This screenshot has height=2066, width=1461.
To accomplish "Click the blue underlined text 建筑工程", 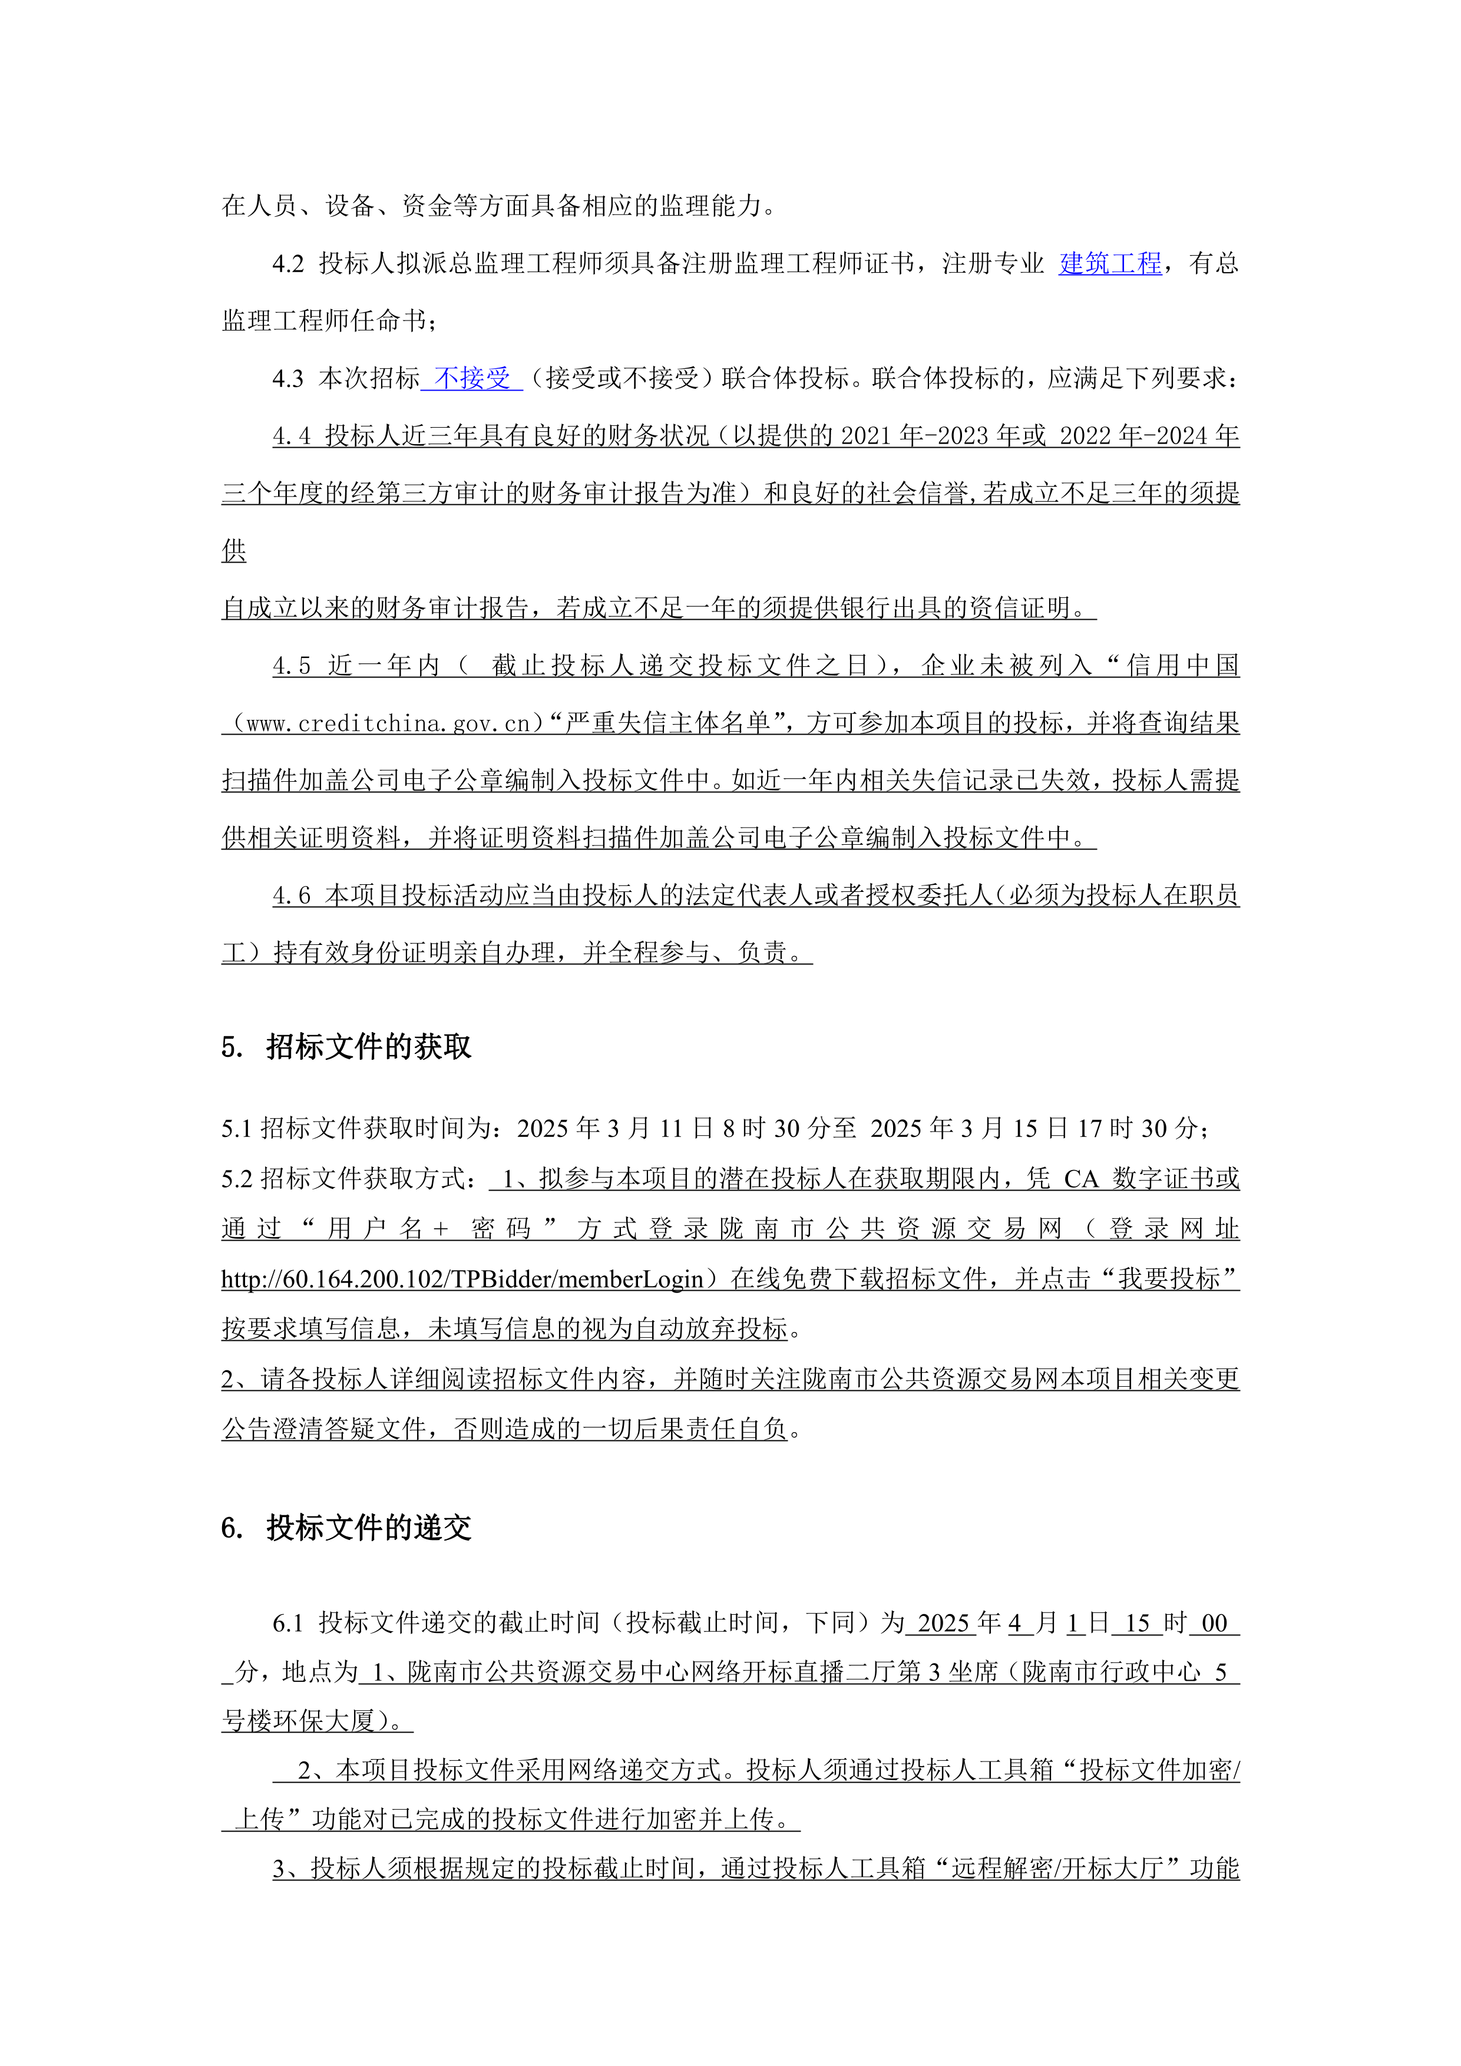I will tap(1109, 264).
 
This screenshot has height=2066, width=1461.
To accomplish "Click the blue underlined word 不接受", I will tap(472, 378).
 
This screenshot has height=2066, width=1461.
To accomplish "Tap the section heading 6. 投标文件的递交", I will tap(346, 1528).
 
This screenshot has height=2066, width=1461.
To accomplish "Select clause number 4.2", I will tap(288, 264).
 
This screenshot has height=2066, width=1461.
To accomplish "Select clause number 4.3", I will tap(288, 379).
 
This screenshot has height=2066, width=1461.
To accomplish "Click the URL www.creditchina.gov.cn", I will tap(388, 723).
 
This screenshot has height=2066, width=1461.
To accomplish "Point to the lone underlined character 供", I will tap(234, 551).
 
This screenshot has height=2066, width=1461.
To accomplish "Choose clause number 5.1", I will tap(237, 1128).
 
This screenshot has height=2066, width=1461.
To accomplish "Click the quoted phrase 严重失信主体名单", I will tap(667, 723).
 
